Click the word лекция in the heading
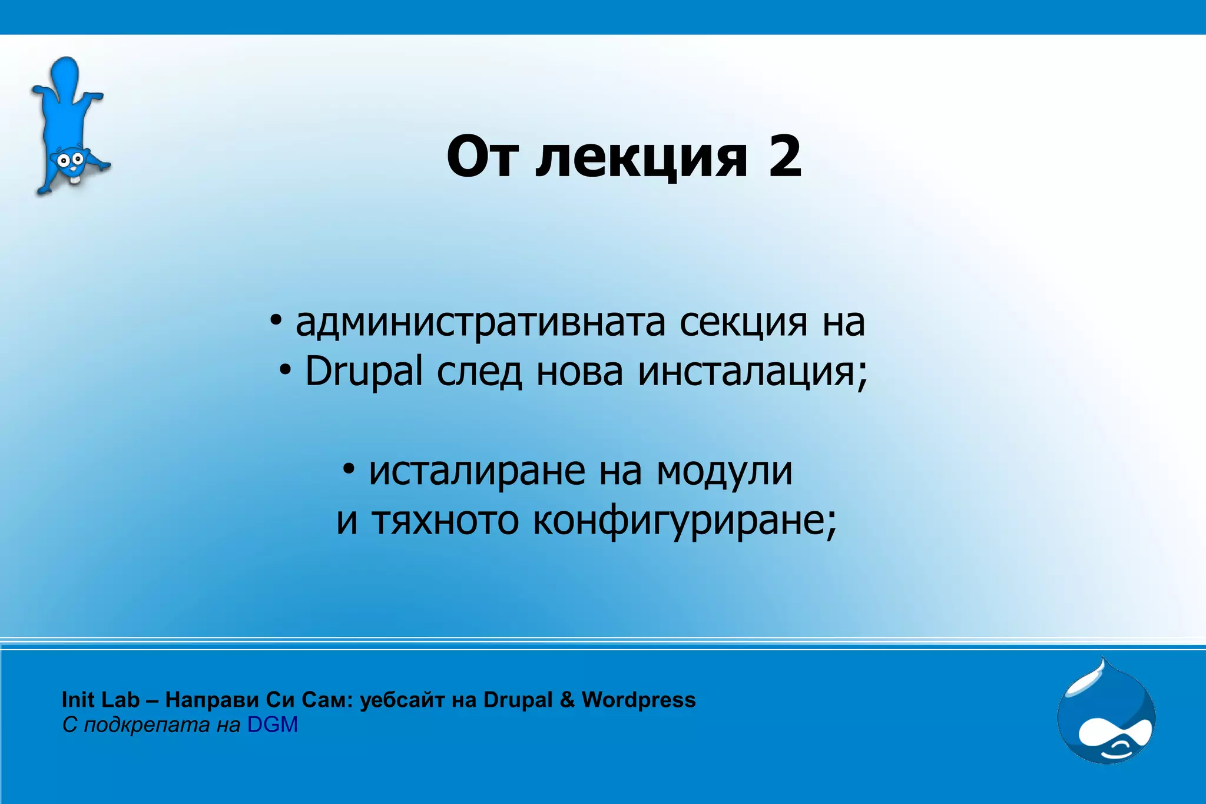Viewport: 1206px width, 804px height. [641, 158]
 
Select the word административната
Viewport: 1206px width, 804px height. [480, 323]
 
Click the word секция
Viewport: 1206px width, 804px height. [743, 323]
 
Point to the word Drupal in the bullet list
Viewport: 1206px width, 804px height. [363, 372]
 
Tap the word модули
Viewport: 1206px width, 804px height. [725, 471]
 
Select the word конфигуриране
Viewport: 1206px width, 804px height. [684, 521]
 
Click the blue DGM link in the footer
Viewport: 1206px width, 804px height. [272, 725]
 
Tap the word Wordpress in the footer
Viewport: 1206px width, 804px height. [638, 700]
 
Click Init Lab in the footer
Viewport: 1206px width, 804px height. [100, 700]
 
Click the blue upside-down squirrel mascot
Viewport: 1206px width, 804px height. [68, 127]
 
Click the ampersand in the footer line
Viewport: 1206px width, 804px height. [566, 700]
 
